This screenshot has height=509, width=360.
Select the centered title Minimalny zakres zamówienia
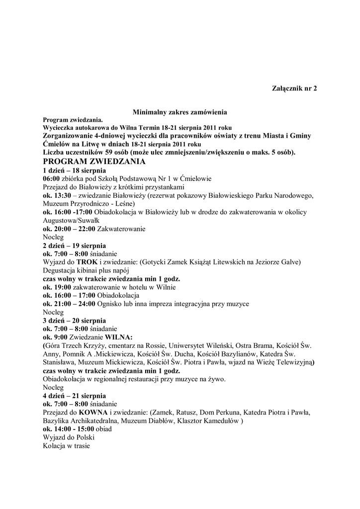pyautogui.click(x=180, y=113)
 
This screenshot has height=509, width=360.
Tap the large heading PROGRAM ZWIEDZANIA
pyautogui.click(x=94, y=162)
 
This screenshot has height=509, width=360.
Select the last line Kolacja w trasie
pyautogui.click(x=66, y=446)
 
